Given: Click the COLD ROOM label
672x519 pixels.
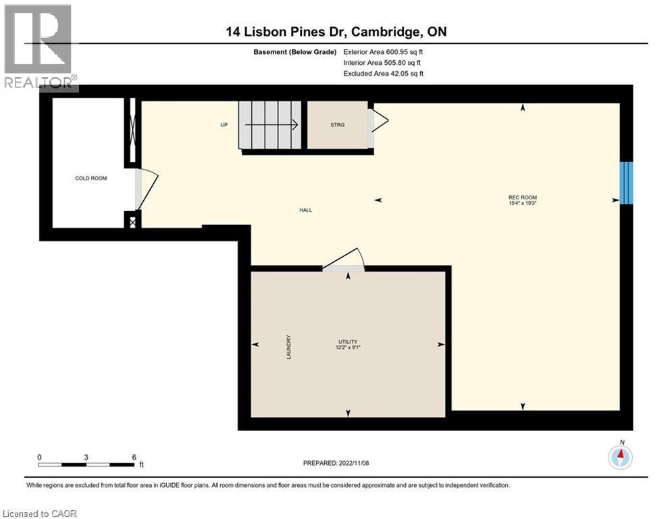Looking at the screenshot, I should click(91, 178).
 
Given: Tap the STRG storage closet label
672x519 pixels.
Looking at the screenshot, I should click(338, 125).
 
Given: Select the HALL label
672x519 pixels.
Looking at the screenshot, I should click(306, 210).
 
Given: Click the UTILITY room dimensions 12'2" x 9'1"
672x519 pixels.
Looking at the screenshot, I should click(348, 347).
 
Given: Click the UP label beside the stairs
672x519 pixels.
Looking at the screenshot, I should click(224, 125).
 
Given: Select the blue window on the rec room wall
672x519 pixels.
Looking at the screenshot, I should click(626, 182).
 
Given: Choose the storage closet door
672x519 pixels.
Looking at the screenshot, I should click(378, 122).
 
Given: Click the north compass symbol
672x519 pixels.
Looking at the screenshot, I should click(619, 457).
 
